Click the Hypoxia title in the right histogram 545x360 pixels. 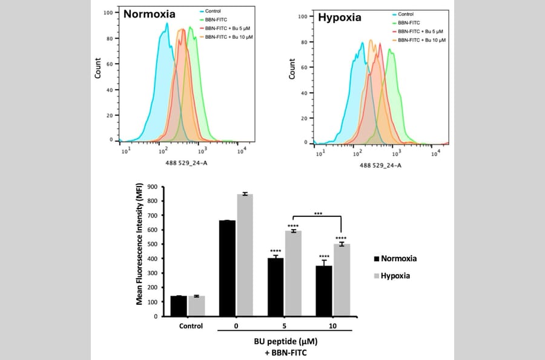point(340,18)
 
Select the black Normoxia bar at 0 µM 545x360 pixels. point(227,268)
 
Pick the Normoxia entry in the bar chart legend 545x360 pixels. point(396,259)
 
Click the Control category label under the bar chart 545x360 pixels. point(187,325)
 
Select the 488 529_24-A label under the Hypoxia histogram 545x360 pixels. point(381,165)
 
